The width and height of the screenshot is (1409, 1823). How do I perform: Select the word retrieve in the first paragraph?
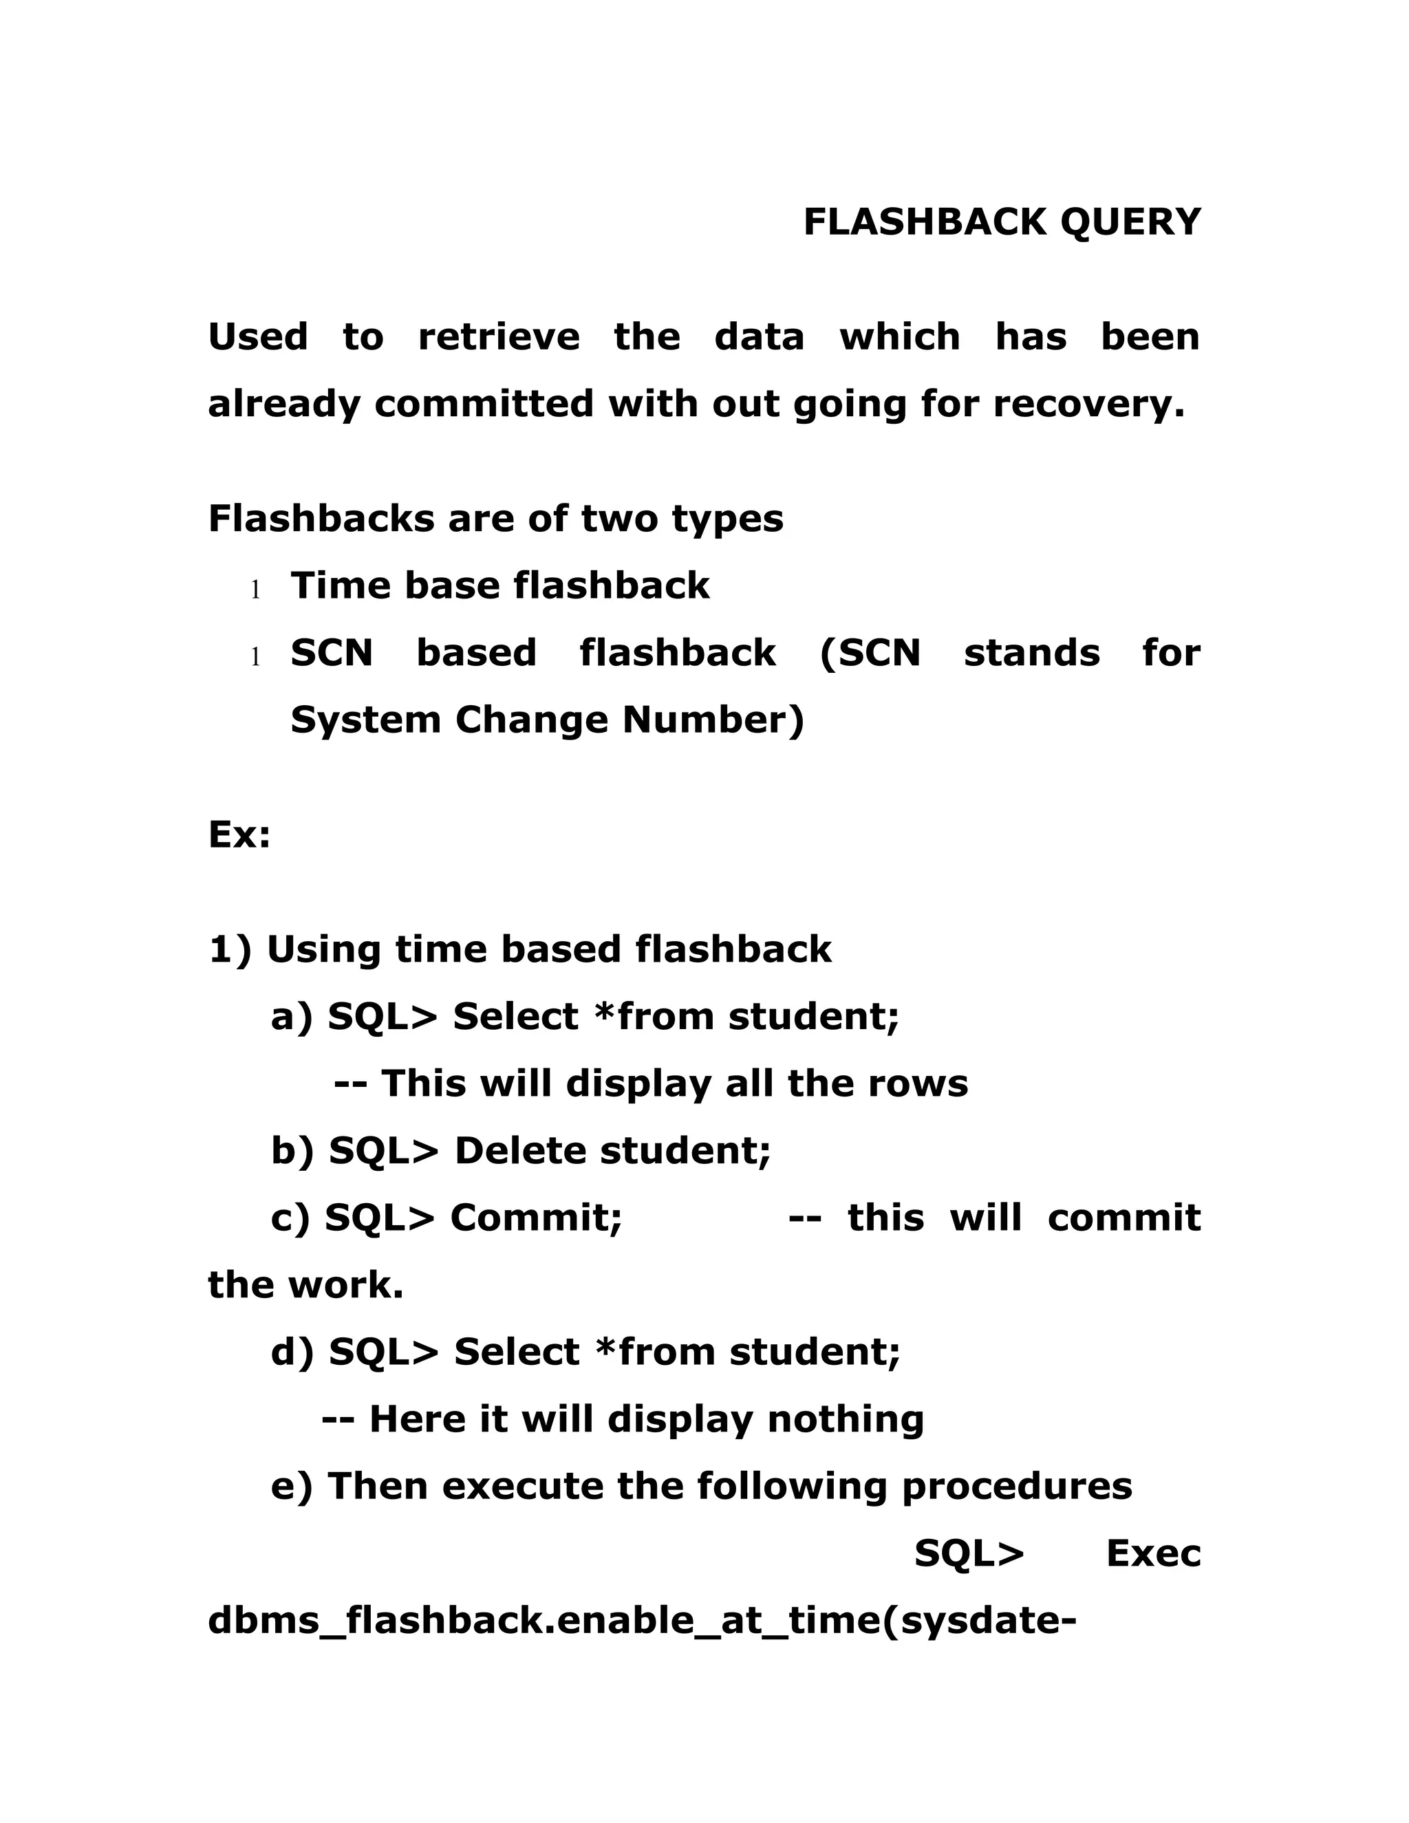click(498, 337)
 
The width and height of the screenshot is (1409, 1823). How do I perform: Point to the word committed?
click(484, 404)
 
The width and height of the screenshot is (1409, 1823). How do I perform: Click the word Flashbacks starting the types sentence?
click(321, 519)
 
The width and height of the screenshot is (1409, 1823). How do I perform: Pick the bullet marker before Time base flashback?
click(255, 591)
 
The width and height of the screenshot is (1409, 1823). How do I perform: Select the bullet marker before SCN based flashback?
click(255, 658)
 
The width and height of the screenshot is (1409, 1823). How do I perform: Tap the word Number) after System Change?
click(713, 720)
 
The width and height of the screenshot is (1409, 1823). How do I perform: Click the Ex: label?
click(239, 834)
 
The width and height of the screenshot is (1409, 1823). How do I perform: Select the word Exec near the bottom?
click(1153, 1553)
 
